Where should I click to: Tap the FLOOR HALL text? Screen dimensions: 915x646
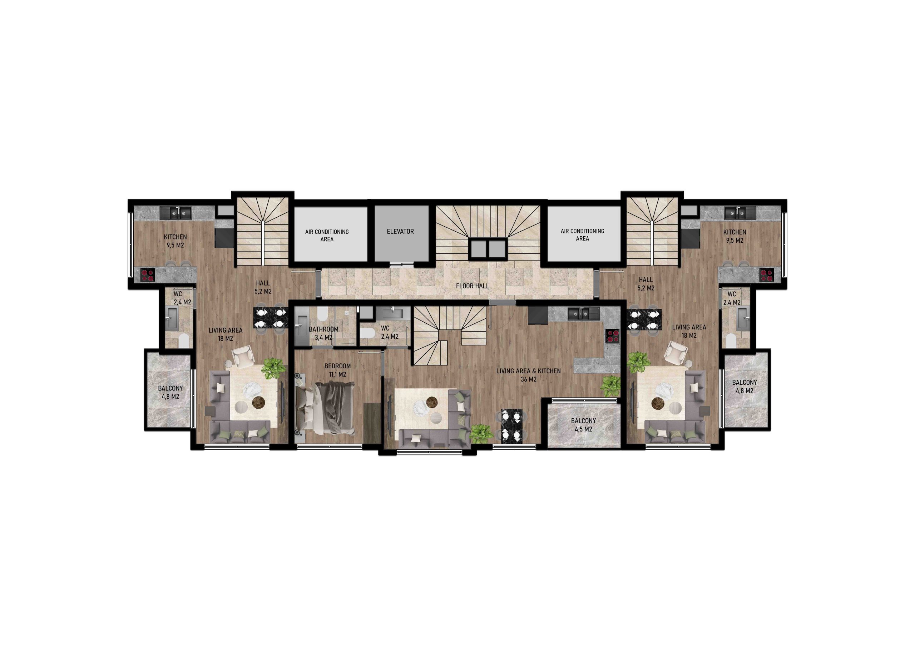[472, 286]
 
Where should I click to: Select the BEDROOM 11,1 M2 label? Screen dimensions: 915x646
[337, 370]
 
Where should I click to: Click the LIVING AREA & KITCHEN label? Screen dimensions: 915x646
[528, 375]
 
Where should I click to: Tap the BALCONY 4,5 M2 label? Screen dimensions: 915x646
[583, 425]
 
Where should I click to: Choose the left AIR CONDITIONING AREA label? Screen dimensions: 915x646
[327, 235]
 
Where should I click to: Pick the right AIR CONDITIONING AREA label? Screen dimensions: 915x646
[582, 234]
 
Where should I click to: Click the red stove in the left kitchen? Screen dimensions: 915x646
[148, 275]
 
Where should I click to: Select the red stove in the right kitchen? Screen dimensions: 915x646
[766, 275]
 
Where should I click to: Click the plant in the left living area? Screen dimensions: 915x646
[273, 368]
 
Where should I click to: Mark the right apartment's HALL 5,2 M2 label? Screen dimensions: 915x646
[646, 284]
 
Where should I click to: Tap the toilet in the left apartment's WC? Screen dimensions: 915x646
[184, 341]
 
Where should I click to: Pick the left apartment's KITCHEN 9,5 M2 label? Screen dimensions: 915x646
[175, 241]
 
